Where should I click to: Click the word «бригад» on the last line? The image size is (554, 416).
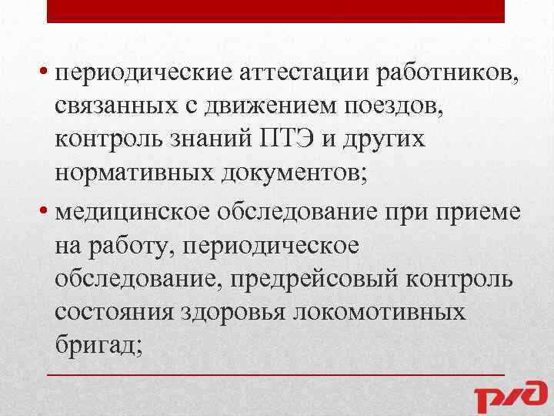point(95,345)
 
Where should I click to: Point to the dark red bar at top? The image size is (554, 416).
point(276,11)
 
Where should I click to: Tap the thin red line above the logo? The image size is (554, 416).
point(276,374)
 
